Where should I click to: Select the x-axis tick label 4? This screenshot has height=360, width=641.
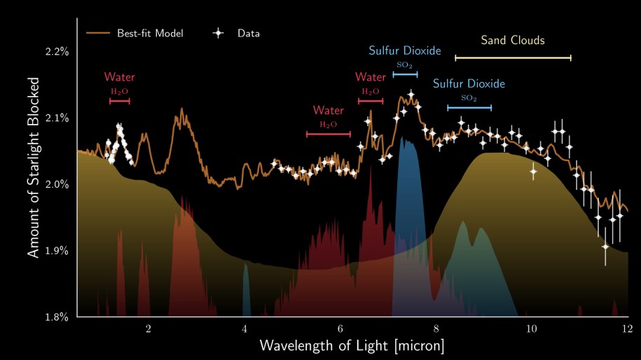tap(244, 328)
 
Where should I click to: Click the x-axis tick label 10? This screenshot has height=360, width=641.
tap(531, 328)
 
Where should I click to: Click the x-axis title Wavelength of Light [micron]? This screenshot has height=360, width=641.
tap(352, 345)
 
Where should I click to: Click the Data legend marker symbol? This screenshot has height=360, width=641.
tap(219, 33)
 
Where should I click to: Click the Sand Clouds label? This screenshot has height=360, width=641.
tap(513, 41)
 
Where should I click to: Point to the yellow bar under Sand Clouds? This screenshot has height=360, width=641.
tap(513, 57)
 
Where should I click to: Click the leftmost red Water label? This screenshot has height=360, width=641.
tap(120, 77)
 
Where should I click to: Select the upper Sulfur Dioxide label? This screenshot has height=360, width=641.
tap(405, 51)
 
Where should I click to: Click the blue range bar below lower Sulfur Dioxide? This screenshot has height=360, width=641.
tap(469, 107)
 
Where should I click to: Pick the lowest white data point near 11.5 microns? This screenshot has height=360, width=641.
tap(605, 247)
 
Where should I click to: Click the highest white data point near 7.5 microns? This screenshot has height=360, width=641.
tap(411, 94)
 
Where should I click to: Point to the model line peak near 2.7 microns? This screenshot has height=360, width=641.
tap(182, 109)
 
